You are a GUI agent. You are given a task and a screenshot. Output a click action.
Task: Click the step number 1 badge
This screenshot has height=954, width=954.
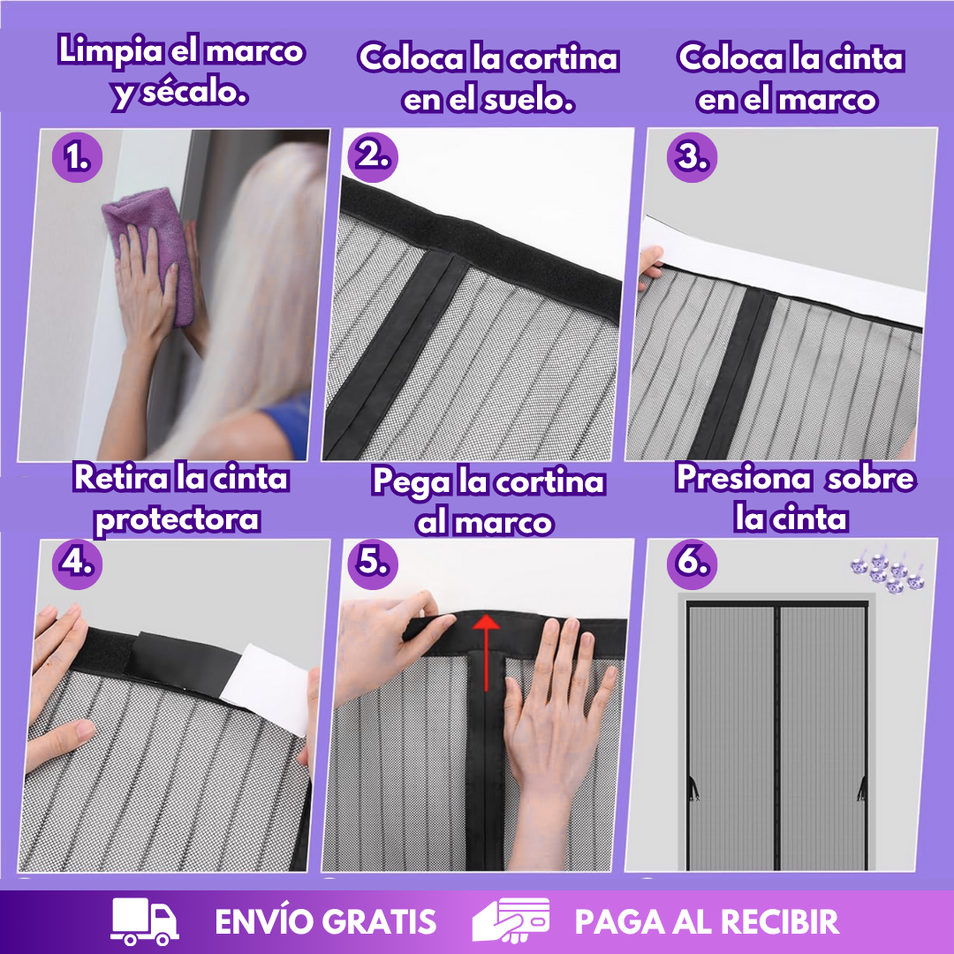[77, 157]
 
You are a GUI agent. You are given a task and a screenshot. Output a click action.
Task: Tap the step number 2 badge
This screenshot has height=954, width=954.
[373, 157]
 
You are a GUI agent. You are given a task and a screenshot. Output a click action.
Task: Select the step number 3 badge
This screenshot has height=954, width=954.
[692, 157]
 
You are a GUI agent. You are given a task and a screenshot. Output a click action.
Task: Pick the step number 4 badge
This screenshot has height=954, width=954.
[77, 564]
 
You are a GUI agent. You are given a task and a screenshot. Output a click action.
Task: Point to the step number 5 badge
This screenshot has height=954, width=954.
[373, 564]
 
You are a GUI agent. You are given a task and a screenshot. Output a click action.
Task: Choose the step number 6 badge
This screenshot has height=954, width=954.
[692, 564]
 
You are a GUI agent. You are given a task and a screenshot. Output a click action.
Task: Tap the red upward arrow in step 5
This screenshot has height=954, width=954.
[486, 652]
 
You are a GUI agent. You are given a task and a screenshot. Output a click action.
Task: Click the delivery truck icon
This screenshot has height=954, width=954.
[145, 921]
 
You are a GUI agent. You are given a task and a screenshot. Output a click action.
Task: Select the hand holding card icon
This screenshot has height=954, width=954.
[511, 920]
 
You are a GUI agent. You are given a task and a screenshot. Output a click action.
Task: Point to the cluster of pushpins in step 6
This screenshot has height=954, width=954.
[888, 571]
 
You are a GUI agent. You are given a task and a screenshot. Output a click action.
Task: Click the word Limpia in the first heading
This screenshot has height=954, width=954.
[110, 52]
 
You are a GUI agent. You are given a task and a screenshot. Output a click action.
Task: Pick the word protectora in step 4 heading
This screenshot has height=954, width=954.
[177, 521]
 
